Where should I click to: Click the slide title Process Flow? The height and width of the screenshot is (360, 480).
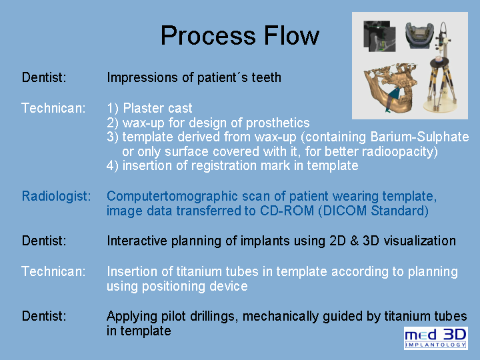pyautogui.click(x=239, y=35)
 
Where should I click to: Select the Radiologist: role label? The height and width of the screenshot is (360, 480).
pyautogui.click(x=56, y=197)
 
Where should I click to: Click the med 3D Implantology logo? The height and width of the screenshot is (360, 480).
pyautogui.click(x=435, y=338)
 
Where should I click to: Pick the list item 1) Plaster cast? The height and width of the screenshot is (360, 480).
pyautogui.click(x=149, y=108)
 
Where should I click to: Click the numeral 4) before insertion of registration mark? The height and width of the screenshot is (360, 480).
pyautogui.click(x=113, y=166)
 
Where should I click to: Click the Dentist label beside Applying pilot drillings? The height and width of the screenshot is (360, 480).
pyautogui.click(x=44, y=316)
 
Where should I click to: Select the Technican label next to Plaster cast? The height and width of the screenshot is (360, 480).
pyautogui.click(x=53, y=108)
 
